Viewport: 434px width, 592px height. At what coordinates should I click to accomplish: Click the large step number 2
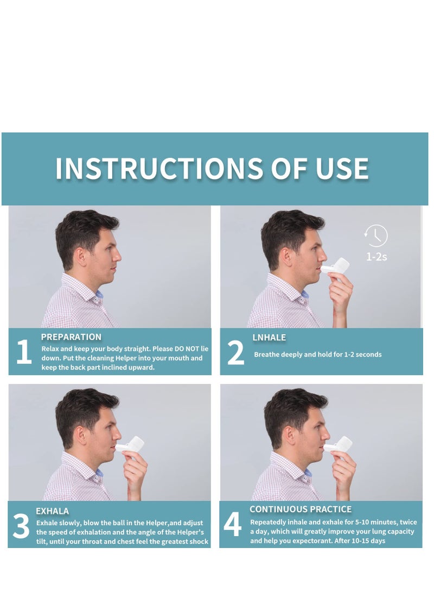(x=235, y=353)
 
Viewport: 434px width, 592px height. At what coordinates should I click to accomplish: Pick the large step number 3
(x=21, y=527)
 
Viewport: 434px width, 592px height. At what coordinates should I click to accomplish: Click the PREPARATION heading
(x=71, y=337)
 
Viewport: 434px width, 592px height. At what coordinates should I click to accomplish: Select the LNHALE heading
(x=269, y=338)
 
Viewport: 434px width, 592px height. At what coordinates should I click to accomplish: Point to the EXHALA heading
(x=52, y=511)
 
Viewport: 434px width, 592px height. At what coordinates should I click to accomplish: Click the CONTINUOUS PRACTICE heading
(x=301, y=509)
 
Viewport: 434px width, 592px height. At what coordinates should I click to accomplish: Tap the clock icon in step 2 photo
(x=376, y=236)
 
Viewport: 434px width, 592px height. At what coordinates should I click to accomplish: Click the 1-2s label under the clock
(x=376, y=257)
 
